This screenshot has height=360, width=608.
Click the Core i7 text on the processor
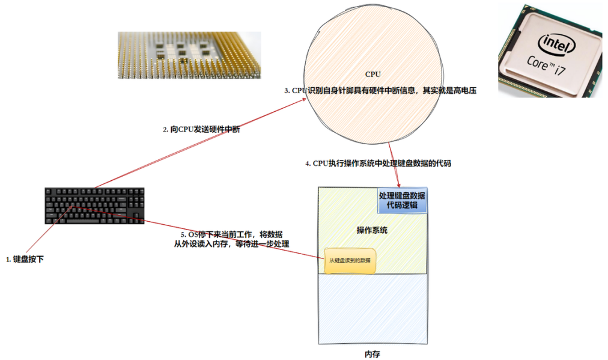(x=546, y=64)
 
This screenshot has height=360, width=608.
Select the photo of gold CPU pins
(x=189, y=55)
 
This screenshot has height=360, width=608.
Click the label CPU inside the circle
(x=373, y=74)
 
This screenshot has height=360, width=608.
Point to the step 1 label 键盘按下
(x=25, y=260)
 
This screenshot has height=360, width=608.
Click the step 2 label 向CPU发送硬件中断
(x=201, y=130)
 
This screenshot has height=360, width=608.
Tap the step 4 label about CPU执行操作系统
(x=378, y=163)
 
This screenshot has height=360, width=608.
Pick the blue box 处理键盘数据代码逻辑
(x=402, y=201)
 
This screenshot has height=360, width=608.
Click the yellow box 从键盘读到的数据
(x=350, y=261)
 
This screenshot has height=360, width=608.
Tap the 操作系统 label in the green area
(x=372, y=230)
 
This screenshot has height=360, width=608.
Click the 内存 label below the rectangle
(x=372, y=353)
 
